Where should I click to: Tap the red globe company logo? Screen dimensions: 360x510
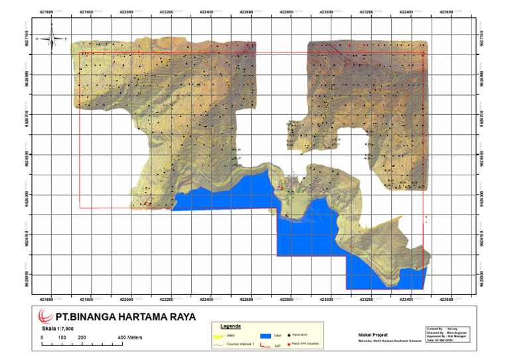point(46,315)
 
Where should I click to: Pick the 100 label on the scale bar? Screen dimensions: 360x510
point(61,338)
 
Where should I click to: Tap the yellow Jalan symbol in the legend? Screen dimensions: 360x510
point(217,335)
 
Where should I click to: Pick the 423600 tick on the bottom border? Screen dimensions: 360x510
point(446,300)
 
